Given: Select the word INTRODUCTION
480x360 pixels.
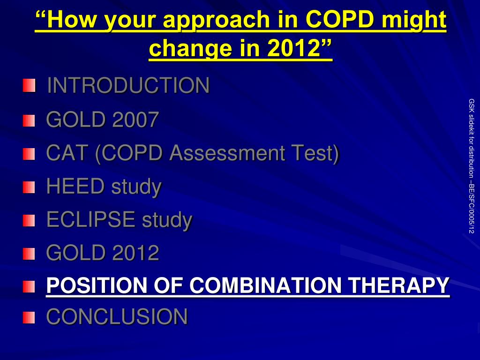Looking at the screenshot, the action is pos(128,85).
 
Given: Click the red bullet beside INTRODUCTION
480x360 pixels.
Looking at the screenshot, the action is pos(29,85).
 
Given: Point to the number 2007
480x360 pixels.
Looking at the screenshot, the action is pos(135,119).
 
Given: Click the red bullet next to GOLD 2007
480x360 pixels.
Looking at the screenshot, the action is pos(29,120).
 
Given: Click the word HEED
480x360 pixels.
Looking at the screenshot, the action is pos(75,186).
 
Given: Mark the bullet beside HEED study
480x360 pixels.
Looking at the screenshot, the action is pos(29,187).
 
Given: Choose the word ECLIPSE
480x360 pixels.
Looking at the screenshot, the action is pos(91,219).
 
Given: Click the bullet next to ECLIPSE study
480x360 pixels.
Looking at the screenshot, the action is pos(29,221).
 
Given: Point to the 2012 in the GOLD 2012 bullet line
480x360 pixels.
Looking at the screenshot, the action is pos(135,253).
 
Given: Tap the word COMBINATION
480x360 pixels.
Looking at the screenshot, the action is pos(265,285).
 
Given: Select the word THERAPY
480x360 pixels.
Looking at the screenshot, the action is pos(399,285).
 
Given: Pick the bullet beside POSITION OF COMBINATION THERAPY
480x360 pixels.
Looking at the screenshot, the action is pos(29,287).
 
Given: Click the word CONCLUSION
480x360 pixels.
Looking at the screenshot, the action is pos(117,316).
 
